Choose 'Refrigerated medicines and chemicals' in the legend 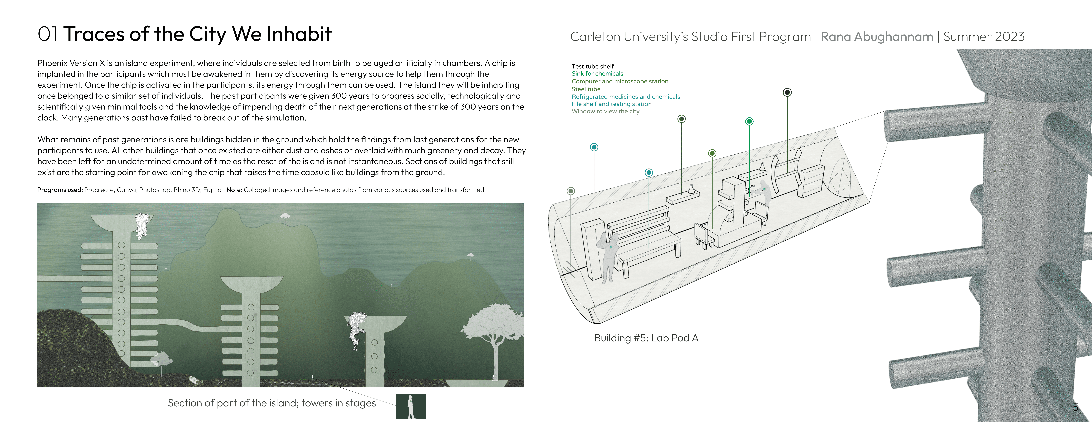(625, 97)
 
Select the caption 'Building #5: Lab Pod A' (646, 338)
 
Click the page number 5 (1075, 407)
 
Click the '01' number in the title (48, 34)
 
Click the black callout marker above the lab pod (787, 92)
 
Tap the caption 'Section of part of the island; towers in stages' (272, 403)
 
